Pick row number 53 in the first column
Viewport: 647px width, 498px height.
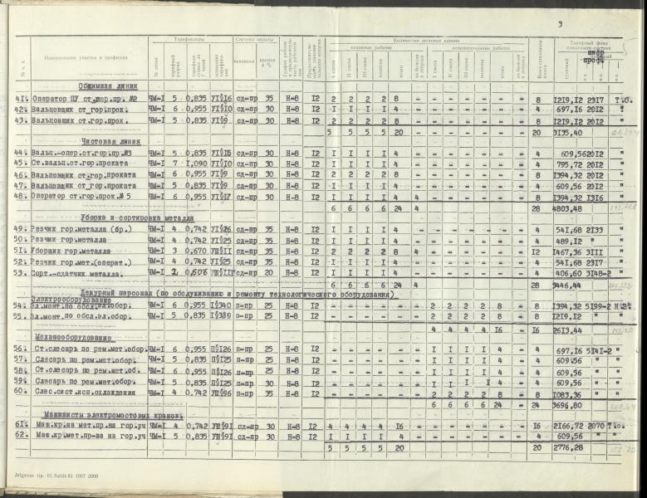[x=19, y=272]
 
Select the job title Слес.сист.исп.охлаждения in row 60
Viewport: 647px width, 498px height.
[x=90, y=393]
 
